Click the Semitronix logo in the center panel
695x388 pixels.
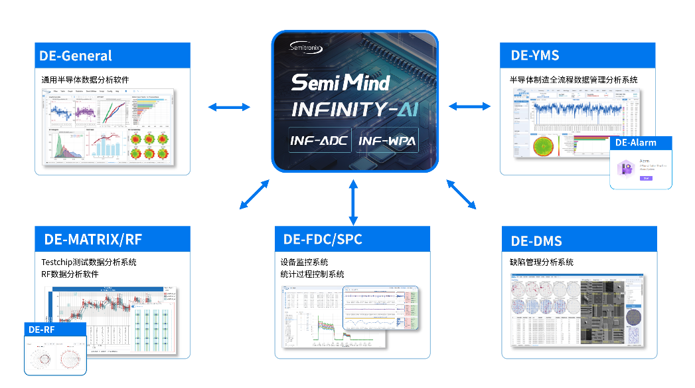click(307, 47)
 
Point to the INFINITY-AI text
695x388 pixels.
click(354, 109)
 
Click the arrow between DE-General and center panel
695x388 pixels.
click(229, 106)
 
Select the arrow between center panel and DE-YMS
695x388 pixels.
click(470, 106)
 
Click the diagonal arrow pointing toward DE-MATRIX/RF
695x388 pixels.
click(254, 194)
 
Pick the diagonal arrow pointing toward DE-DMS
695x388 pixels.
click(461, 194)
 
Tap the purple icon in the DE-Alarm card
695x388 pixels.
click(625, 166)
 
